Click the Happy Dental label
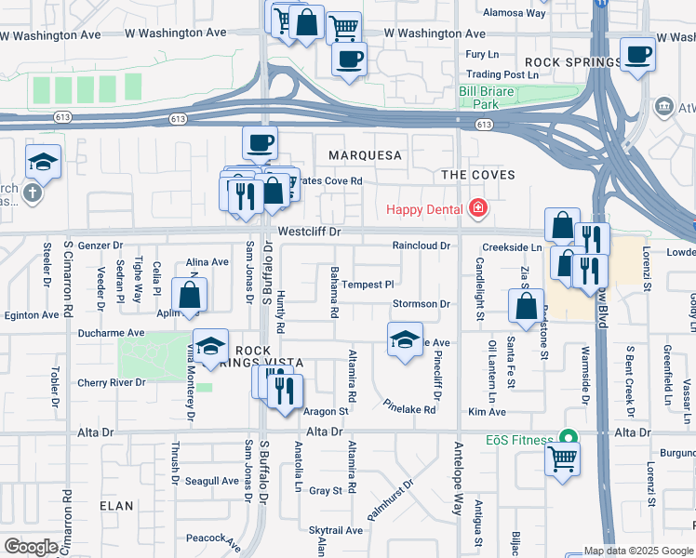[x=424, y=207]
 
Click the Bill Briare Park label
[x=492, y=99]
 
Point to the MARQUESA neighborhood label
[x=364, y=155]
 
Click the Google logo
[x=30, y=547]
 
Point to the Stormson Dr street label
[x=421, y=304]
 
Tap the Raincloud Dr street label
[x=421, y=246]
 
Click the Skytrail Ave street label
[x=335, y=529]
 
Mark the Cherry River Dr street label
[x=111, y=382]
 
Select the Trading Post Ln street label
[x=502, y=74]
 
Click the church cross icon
[x=32, y=193]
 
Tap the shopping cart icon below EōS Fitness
[x=563, y=458]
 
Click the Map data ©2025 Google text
[x=637, y=551]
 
